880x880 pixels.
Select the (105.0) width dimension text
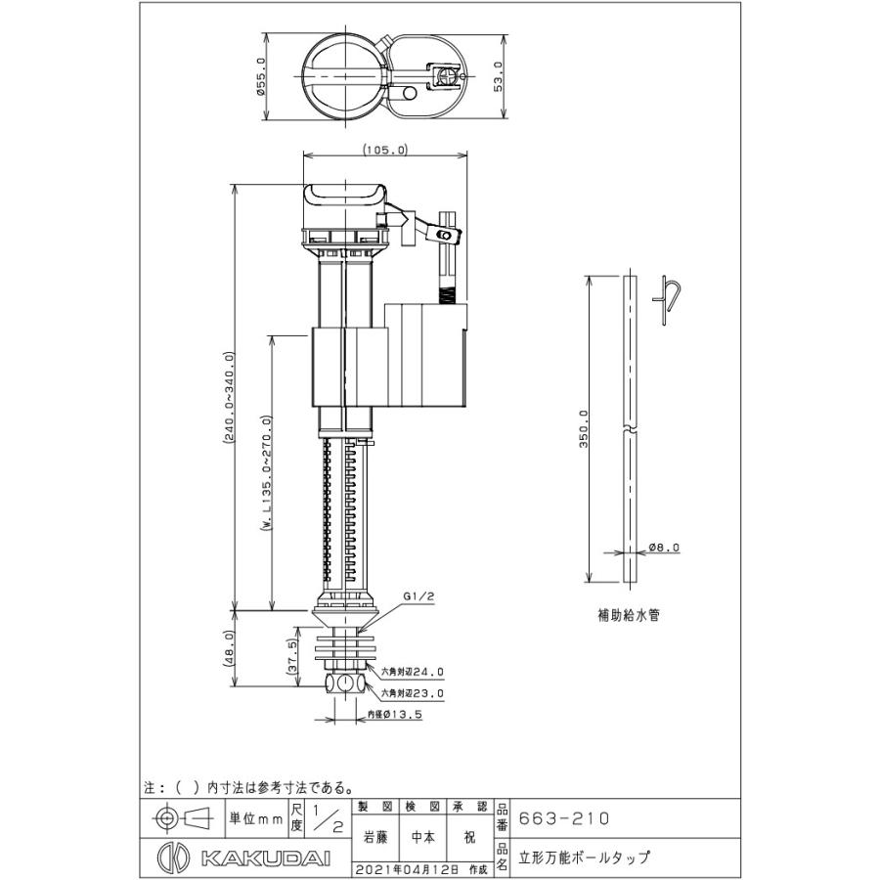(385, 150)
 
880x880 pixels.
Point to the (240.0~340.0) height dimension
(228, 397)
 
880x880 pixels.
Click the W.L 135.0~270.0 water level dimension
(267, 472)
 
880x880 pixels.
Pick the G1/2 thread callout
(418, 597)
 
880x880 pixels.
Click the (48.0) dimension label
(229, 647)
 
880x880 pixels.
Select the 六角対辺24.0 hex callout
(413, 671)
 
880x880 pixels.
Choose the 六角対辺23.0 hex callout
(413, 693)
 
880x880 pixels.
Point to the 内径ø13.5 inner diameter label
(395, 715)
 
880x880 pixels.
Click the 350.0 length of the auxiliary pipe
(584, 428)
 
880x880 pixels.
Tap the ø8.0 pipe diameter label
(664, 547)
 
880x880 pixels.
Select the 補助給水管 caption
(629, 615)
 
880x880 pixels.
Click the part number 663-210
(563, 818)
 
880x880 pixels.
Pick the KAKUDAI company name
(265, 858)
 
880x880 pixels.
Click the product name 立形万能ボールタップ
(585, 858)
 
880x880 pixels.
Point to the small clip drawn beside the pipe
(667, 300)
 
